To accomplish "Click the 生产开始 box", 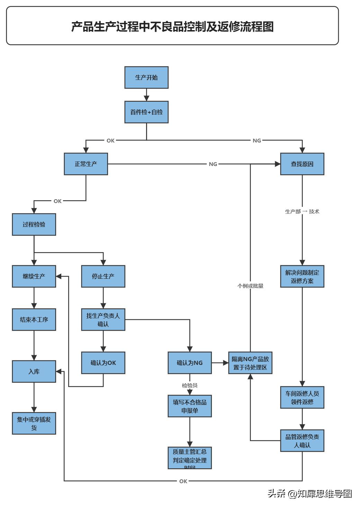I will pos(146,77).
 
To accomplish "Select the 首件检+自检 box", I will pos(146,112).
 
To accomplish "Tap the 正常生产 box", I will pos(86,164).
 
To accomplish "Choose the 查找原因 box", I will pos(302,164).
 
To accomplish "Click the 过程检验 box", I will pos(34,224).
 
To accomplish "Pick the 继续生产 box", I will pos(34,276).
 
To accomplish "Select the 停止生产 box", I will pos(103,276).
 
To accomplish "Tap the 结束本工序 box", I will pos(34,320).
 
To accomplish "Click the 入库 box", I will pos(34,371).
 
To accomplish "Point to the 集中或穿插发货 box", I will pos(34,423).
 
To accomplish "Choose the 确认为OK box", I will pos(103,363).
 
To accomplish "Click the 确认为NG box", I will pos(190,363).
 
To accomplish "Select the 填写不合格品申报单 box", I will pos(190,406).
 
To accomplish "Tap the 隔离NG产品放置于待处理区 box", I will pos(250,363).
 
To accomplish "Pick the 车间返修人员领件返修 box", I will pos(302,397).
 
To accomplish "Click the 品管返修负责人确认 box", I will pos(302,441).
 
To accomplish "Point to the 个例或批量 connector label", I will pos(250,286).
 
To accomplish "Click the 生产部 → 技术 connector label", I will pos(302,212).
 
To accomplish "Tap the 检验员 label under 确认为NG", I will pos(190,385).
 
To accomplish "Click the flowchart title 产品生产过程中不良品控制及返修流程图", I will pos(172,26).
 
